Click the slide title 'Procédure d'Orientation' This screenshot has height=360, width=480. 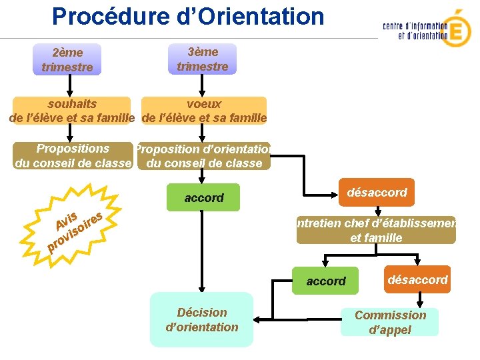[187, 16]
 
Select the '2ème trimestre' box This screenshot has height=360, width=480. [67, 59]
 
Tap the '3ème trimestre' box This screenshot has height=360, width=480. [203, 59]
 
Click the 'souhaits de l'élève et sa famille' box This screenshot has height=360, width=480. [73, 111]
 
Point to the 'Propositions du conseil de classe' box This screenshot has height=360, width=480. [73, 155]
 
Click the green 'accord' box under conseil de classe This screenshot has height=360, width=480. [204, 197]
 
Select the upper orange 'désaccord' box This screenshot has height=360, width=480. [377, 192]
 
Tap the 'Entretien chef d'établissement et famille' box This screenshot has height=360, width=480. [376, 230]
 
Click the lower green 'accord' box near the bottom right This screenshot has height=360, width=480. [326, 281]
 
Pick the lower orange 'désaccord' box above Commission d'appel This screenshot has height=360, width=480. [417, 279]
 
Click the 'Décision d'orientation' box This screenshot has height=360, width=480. [201, 319]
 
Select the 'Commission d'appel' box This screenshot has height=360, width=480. [390, 322]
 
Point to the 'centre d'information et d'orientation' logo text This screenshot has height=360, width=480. [415, 31]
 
